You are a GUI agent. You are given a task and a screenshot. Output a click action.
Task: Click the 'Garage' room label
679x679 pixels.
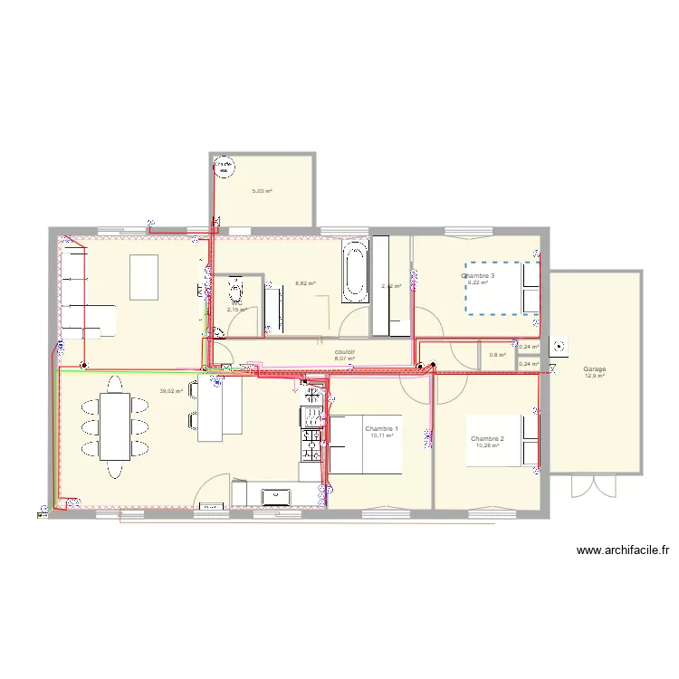coord(595,369)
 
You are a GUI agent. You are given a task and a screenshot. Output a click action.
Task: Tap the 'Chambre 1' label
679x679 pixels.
coord(381,428)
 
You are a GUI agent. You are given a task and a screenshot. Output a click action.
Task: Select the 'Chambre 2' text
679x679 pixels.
coord(488,438)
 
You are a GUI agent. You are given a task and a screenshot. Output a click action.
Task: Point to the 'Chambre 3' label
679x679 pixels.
coord(478,275)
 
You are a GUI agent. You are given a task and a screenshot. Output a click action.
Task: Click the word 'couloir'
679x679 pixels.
coord(344,352)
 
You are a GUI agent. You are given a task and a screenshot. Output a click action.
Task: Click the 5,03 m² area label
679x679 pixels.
coord(262,191)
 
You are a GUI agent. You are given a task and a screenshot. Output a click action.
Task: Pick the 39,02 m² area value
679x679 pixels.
coord(171,391)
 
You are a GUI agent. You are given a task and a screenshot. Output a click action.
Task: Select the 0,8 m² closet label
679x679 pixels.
coord(497,355)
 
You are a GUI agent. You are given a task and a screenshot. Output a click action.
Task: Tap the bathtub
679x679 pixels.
coord(355,271)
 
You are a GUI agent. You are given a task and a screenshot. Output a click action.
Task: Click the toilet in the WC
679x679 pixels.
coord(237,290)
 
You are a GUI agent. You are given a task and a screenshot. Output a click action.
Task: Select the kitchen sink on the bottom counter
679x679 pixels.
coord(274,495)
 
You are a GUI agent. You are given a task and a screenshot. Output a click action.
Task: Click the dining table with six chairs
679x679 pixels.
coord(114,426)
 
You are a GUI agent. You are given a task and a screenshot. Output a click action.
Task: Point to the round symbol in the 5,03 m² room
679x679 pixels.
coord(223,166)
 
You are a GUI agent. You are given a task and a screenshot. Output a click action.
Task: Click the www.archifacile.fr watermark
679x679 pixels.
coord(621,550)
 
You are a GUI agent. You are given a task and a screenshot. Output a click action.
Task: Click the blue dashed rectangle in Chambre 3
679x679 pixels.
coord(502,289)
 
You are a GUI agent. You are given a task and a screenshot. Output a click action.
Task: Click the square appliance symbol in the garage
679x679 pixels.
coord(562,345)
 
